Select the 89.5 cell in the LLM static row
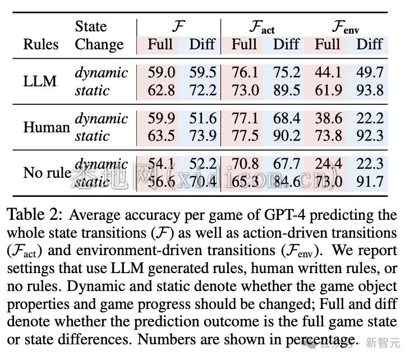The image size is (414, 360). click(x=286, y=90)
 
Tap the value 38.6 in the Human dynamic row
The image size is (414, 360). click(x=328, y=118)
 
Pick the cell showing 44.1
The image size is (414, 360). click(x=328, y=72)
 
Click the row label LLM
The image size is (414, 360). click(x=40, y=81)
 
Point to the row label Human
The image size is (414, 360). click(x=46, y=127)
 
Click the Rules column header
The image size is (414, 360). click(x=40, y=44)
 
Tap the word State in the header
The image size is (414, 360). click(x=91, y=27)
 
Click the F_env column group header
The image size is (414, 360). click(x=345, y=27)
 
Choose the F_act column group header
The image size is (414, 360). click(x=262, y=27)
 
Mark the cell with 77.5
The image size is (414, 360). click(x=245, y=136)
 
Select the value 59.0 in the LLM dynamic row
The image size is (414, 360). click(x=162, y=72)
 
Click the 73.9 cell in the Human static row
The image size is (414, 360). click(x=203, y=136)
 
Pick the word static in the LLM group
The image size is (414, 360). click(x=92, y=90)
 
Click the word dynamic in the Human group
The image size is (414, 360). click(x=101, y=118)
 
